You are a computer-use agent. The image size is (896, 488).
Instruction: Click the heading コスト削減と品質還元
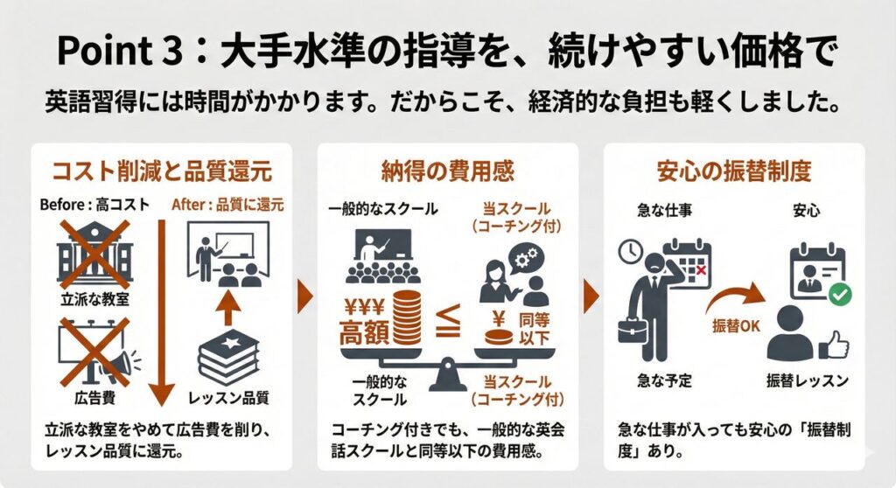click(162, 171)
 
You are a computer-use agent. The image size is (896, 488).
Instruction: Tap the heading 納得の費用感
click(447, 171)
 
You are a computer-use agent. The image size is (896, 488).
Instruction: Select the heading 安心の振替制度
click(734, 171)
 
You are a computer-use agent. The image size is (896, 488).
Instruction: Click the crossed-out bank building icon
click(94, 254)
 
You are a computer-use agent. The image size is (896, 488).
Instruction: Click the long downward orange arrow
click(161, 312)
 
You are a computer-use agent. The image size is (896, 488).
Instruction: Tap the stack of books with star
click(228, 357)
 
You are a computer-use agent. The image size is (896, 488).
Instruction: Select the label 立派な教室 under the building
click(94, 299)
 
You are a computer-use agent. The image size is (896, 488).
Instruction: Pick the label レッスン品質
click(228, 398)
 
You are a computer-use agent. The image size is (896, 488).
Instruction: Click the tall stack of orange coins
click(406, 317)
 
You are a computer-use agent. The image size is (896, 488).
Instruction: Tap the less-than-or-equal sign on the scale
click(448, 321)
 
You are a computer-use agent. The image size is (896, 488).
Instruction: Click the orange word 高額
click(364, 332)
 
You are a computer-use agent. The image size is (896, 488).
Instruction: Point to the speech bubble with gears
click(526, 259)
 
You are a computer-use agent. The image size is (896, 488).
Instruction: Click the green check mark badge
click(840, 294)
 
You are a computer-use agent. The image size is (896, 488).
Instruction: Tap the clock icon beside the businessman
click(631, 251)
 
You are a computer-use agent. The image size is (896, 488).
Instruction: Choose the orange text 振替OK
click(736, 325)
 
